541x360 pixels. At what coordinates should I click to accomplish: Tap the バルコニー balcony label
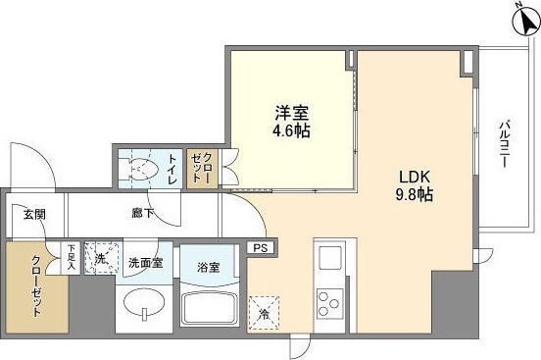coord(504,145)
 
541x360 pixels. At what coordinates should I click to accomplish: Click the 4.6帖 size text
coord(290,129)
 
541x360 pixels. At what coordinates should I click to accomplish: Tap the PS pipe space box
coord(260,249)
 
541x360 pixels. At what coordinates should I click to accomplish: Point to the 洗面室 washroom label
coord(144,263)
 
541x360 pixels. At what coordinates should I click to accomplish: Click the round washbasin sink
coord(143,309)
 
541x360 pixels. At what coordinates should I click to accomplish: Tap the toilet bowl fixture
coord(140,168)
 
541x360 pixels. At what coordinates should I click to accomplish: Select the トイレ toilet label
coord(172,168)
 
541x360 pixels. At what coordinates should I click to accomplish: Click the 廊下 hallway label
coord(143,211)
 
